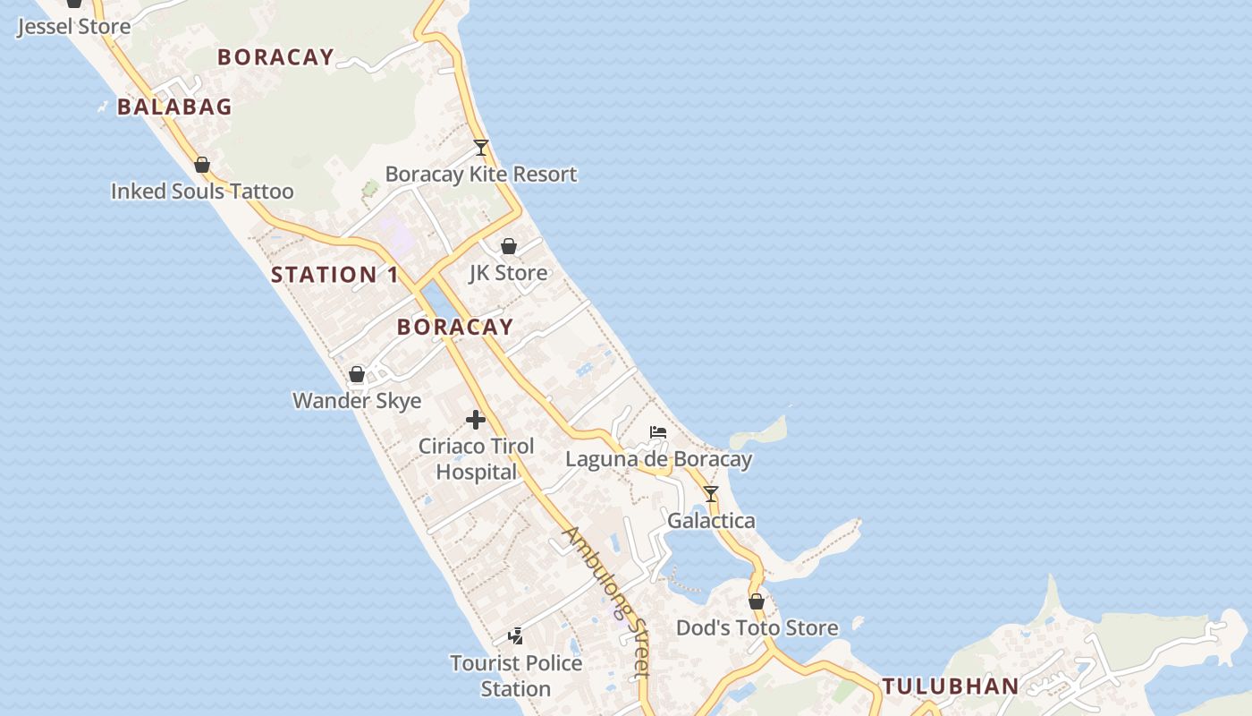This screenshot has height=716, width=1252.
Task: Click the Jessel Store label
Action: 73,26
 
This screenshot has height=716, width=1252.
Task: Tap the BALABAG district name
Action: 174,107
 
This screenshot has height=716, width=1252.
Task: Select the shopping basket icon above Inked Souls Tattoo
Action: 202,165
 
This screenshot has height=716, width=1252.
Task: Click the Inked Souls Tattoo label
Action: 202,191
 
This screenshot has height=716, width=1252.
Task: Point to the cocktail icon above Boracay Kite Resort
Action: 481,148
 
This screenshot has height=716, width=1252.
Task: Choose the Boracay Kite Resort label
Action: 481,174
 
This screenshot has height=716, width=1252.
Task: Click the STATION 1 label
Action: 334,275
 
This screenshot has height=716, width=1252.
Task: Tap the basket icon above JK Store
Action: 509,246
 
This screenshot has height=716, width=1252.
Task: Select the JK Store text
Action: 509,272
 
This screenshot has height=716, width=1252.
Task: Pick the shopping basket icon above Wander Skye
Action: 357,374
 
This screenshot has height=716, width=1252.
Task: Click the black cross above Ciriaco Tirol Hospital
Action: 476,419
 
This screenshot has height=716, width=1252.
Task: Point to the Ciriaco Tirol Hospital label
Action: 477,458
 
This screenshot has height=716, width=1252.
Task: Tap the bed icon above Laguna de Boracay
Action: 658,432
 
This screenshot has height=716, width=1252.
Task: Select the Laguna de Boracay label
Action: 658,459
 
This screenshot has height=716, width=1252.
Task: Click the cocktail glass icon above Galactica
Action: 711,493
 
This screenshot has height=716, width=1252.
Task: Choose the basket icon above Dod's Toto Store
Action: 757,601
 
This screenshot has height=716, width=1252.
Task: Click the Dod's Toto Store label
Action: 757,627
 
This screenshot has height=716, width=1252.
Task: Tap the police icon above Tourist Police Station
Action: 516,636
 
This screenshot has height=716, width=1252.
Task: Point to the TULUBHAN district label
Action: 951,686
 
